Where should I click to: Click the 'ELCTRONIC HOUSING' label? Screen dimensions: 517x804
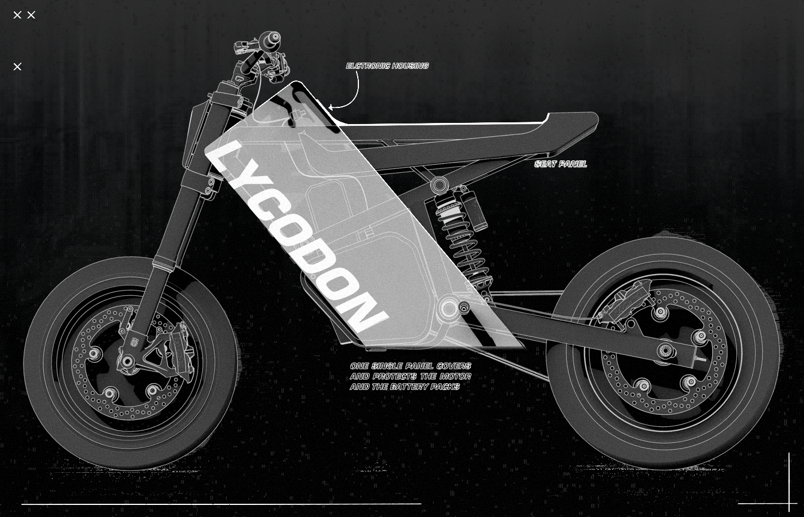tap(387, 66)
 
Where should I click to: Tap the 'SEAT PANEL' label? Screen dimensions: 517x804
tap(561, 164)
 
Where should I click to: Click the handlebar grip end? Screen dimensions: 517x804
tap(274, 38)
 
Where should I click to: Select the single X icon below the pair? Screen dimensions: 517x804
tap(17, 67)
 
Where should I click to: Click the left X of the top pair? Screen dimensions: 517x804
tap(17, 15)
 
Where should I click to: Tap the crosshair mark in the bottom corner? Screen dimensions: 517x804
tap(788, 504)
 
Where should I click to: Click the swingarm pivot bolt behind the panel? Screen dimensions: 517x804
tap(447, 309)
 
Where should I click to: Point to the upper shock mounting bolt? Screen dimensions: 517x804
tap(439, 185)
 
